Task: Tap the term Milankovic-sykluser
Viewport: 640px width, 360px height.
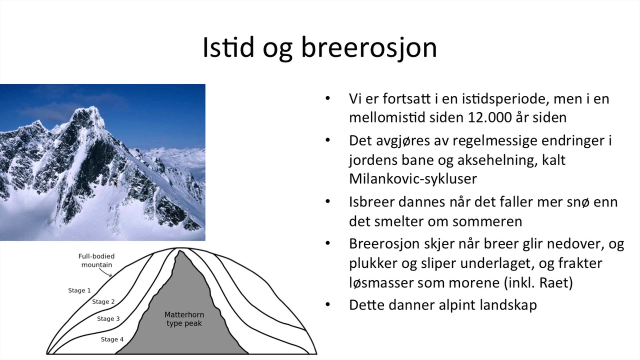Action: (413, 178)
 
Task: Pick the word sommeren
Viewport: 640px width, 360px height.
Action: (479, 221)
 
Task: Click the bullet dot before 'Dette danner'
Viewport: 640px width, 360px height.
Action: (328, 304)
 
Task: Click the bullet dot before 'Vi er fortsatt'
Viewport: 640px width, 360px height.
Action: (328, 98)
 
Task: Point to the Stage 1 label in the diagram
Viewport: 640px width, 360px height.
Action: (79, 290)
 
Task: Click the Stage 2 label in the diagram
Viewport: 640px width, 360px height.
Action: (103, 301)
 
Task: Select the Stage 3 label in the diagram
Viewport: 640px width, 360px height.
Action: (108, 318)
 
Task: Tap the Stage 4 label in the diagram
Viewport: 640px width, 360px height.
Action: (112, 339)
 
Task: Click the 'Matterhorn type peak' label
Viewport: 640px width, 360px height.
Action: (184, 319)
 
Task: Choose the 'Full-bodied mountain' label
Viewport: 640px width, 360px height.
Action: (96, 260)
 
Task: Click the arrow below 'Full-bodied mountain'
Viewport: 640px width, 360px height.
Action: (106, 272)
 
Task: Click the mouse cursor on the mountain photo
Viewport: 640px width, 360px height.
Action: (115, 184)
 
